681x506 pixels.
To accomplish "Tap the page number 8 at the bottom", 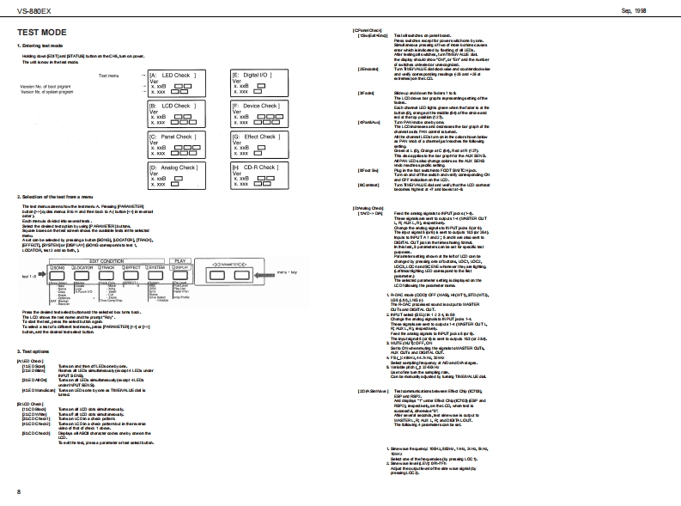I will point(18,491).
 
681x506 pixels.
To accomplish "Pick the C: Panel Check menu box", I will point(177,145).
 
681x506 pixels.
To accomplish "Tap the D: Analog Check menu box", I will point(177,176).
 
